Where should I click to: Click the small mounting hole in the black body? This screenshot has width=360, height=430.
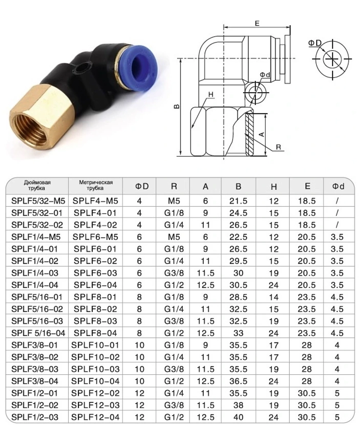[x=81, y=67]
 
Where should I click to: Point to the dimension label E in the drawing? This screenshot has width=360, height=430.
[x=257, y=23]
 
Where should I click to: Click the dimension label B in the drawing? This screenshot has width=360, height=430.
[x=177, y=107]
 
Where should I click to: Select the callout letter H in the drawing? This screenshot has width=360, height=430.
[x=211, y=95]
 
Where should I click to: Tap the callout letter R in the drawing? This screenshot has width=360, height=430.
[x=278, y=147]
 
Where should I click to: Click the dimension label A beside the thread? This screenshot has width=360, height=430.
[x=262, y=134]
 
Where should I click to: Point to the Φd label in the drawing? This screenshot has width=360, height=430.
[x=265, y=74]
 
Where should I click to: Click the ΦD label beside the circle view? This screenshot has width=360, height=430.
[x=314, y=43]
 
